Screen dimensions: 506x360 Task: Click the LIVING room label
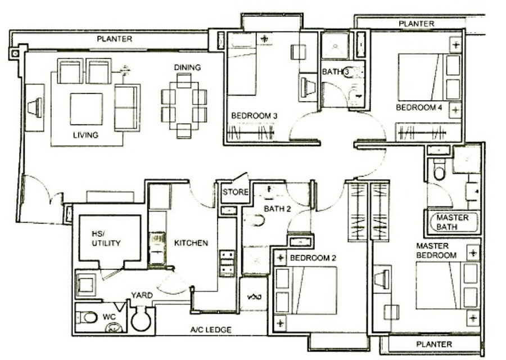point(85,135)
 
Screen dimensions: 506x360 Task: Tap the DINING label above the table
point(187,67)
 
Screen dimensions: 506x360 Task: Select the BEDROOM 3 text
point(254,115)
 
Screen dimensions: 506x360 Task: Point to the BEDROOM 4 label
point(419,107)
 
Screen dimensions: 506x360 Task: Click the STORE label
point(235,192)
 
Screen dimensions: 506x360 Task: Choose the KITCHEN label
point(191,243)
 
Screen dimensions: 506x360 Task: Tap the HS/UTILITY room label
point(106,238)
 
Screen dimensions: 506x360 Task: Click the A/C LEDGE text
point(211,330)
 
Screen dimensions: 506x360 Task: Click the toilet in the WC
point(87,317)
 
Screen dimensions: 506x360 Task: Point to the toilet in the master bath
point(439,170)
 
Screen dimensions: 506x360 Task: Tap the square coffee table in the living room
point(86,109)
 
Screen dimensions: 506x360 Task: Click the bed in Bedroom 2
point(305,290)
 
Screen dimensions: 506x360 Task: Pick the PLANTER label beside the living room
point(115,39)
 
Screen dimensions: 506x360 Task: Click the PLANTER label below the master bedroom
point(434,344)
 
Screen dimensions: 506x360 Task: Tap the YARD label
point(142,295)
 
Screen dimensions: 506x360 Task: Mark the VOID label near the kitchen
point(254,296)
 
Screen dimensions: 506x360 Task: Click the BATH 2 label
point(277,209)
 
